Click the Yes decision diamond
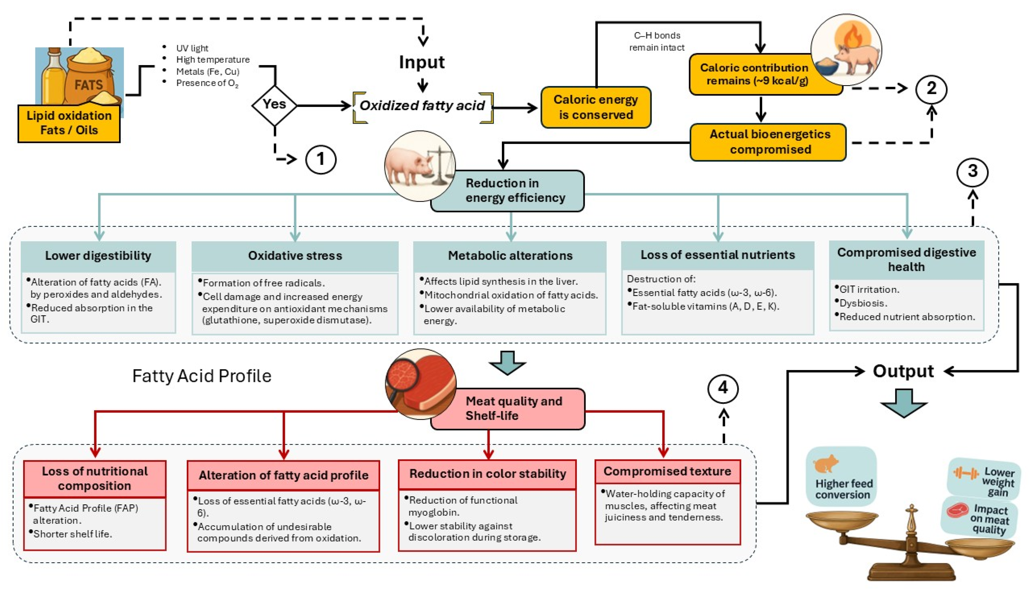274,105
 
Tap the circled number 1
321,159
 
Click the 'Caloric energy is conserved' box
595,107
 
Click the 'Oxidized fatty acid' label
422,106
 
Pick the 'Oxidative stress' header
295,256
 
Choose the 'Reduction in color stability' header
487,474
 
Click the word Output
903,371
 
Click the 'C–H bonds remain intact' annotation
657,41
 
